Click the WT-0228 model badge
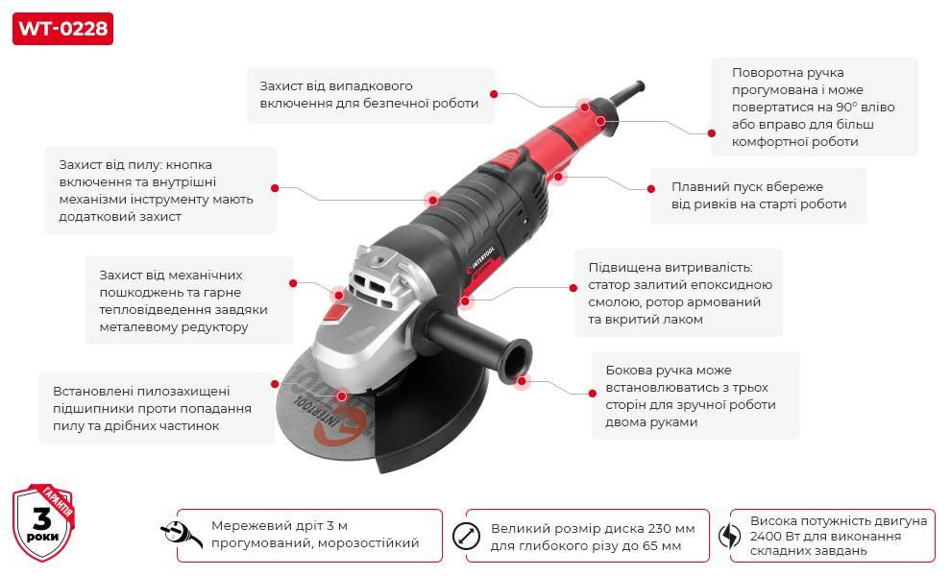coord(62,28)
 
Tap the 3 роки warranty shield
coord(43,523)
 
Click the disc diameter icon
coord(466,536)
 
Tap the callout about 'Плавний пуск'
coord(758,196)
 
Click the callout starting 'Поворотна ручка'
coord(814,107)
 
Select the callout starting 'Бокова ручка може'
coord(695,395)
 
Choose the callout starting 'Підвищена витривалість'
coord(678,292)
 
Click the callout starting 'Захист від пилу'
coord(159,190)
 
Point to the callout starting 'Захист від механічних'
coord(189,300)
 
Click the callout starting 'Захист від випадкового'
coord(370,95)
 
